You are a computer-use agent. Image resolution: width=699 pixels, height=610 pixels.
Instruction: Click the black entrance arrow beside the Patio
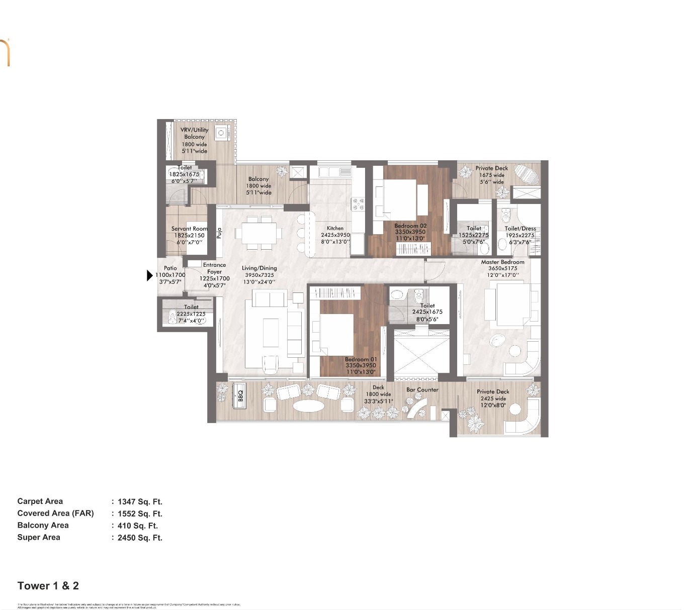(150, 275)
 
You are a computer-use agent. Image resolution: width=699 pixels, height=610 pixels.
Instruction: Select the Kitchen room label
(335, 228)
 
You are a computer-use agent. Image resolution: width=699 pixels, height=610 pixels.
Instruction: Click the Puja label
(219, 233)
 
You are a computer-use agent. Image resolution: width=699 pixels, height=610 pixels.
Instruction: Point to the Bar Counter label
(422, 389)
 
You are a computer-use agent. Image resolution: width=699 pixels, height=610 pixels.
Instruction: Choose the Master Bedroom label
(502, 262)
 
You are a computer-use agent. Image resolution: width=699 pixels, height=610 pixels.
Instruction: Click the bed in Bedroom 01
(337, 334)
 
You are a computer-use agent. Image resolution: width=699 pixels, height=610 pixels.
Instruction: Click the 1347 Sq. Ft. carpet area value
(140, 501)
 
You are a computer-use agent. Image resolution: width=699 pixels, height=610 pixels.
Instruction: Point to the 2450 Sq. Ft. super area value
(140, 538)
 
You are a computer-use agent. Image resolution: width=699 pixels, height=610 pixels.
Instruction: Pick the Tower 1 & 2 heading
(48, 585)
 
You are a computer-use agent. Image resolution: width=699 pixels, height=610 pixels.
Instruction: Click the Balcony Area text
(43, 525)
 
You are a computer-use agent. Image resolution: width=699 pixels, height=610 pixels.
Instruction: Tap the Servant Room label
(189, 229)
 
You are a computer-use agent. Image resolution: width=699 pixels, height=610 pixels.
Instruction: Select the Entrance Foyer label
(214, 268)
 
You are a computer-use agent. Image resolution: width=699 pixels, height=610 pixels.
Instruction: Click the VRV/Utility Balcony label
(194, 133)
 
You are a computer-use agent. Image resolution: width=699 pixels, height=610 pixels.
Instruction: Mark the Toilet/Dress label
(520, 229)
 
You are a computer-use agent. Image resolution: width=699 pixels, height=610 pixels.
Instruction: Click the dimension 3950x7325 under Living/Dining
(259, 275)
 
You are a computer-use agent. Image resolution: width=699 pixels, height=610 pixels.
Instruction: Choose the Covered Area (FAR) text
(55, 513)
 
